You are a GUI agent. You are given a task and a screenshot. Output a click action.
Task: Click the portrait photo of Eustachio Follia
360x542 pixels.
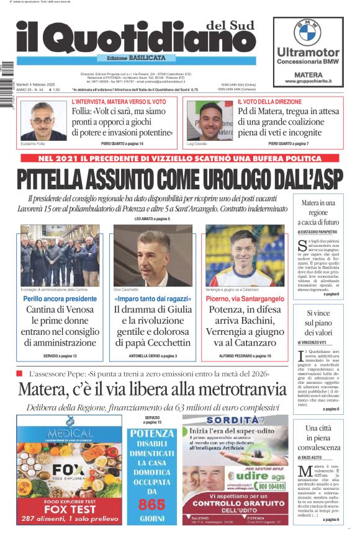pyautogui.click(x=43, y=120)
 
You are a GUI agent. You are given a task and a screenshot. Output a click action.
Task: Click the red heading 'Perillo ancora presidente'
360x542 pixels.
pyautogui.click(x=60, y=299)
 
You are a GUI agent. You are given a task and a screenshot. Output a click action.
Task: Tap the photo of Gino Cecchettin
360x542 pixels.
pyautogui.click(x=153, y=255)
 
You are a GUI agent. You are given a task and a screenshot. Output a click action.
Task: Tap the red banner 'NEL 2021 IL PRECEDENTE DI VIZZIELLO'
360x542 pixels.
pyautogui.click(x=181, y=158)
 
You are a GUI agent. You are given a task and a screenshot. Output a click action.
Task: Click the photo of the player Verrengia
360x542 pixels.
pyautogui.click(x=245, y=255)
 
